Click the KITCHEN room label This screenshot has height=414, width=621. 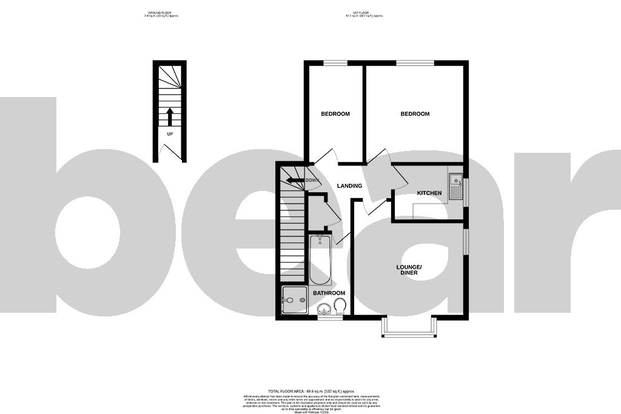point(429,193)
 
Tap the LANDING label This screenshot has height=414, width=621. point(350,186)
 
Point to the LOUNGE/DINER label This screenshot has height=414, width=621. point(409,270)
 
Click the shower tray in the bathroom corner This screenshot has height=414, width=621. point(295,301)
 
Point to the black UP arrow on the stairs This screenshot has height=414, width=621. point(170,115)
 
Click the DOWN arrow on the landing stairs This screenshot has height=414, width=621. point(295,180)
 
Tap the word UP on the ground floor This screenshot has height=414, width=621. point(170,135)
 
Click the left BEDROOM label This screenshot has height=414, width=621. point(335,114)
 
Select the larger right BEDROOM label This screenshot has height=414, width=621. point(415,114)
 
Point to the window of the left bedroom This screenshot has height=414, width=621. point(335,62)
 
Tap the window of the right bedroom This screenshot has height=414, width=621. point(415,62)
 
